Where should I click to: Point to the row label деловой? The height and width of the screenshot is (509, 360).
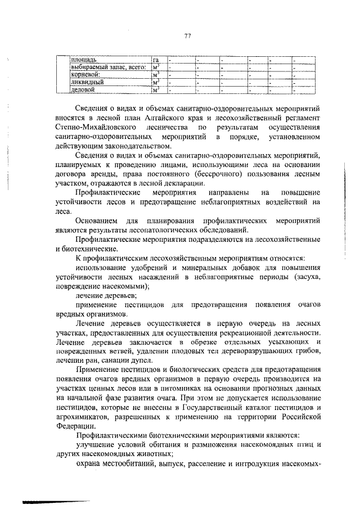82,89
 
